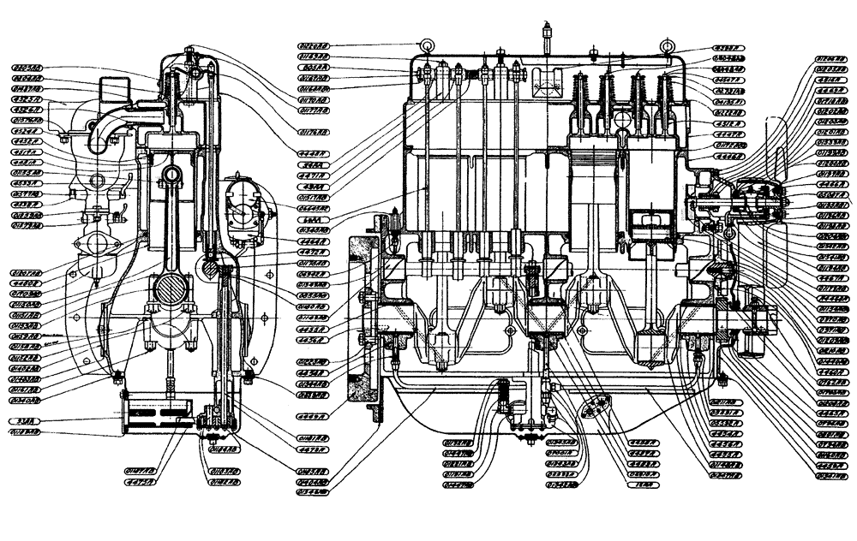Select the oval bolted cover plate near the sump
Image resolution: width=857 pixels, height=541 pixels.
594,410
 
